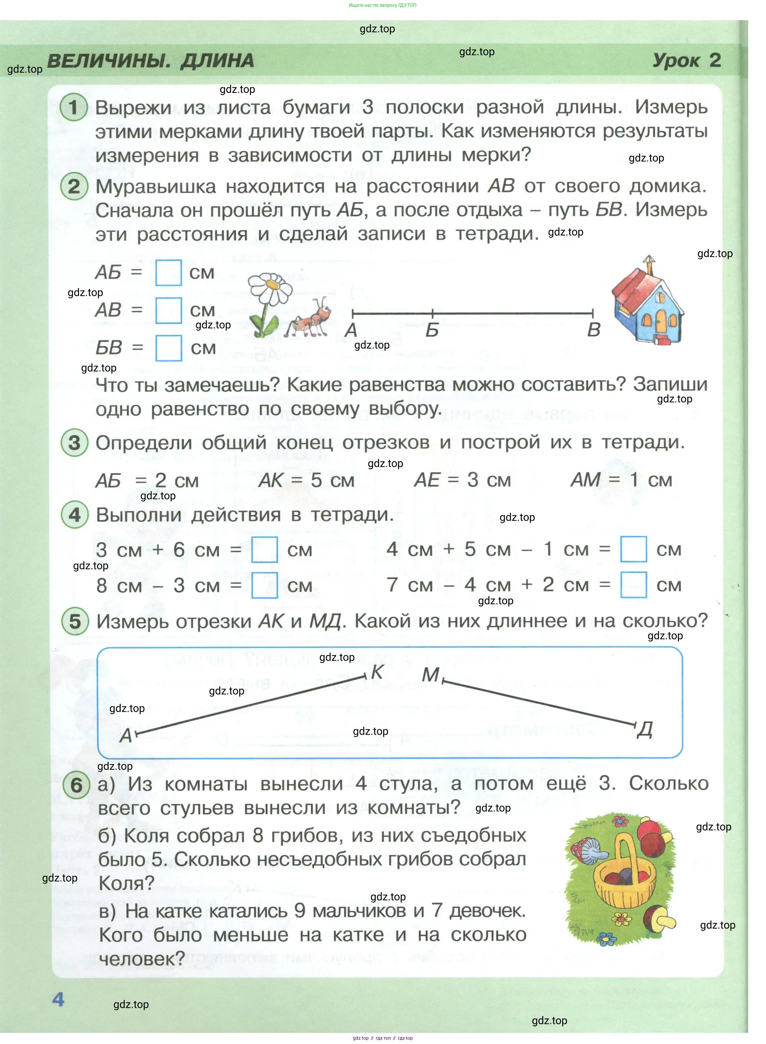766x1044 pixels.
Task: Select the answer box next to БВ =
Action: pyautogui.click(x=168, y=348)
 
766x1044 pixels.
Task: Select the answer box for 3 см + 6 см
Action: pyautogui.click(x=264, y=550)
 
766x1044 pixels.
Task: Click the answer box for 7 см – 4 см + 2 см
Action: pyautogui.click(x=633, y=585)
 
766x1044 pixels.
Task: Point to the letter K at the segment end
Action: pyautogui.click(x=377, y=672)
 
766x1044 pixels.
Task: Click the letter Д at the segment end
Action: pyautogui.click(x=645, y=730)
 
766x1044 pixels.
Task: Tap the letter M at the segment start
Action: pyautogui.click(x=430, y=675)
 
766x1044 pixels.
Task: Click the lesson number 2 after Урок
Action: pyautogui.click(x=715, y=60)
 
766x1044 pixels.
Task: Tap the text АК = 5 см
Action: pyautogui.click(x=306, y=480)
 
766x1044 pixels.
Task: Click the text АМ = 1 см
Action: pyautogui.click(x=621, y=480)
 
